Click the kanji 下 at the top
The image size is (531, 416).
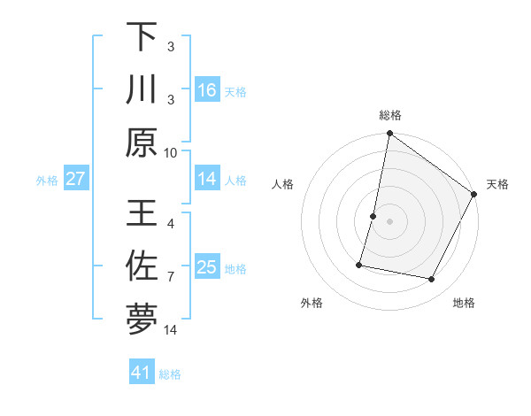[x=142, y=37]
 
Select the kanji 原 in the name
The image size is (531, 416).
[x=142, y=142]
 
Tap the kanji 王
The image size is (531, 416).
[x=142, y=213]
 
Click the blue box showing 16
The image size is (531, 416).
[x=207, y=89]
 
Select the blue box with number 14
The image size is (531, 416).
[x=207, y=179]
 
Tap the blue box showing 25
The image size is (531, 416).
[x=207, y=267]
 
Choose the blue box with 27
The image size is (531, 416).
[x=76, y=179]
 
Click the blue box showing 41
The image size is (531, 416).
[x=142, y=373]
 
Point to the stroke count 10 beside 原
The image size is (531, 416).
[x=171, y=151]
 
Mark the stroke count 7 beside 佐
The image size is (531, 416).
[x=171, y=277]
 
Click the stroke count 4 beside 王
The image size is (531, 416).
[x=171, y=224]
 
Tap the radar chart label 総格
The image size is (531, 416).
[x=390, y=115]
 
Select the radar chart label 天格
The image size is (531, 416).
[x=497, y=184]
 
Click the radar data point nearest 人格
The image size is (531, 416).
[x=373, y=216]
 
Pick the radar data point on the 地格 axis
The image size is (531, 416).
[x=432, y=280]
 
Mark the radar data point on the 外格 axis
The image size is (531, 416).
[x=359, y=264]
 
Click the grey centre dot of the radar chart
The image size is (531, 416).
[x=389, y=221]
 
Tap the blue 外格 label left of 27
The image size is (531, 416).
[x=47, y=180]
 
